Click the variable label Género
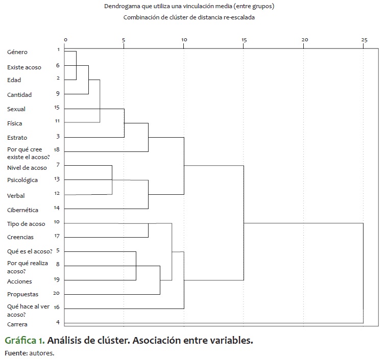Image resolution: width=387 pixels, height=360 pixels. coord(17,52)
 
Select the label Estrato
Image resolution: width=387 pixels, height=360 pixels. coord(17,138)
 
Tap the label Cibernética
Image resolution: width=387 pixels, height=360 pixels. coord(22,210)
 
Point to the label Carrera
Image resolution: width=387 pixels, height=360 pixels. coord(17,324)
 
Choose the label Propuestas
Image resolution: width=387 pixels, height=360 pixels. coord(23,295)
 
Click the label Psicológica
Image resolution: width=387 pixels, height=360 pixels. coord(22,180)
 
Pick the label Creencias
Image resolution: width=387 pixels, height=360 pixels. coord(20,237)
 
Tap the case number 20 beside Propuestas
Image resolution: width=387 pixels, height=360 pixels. coord(57,293)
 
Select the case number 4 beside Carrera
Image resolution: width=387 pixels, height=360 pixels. coord(58,322)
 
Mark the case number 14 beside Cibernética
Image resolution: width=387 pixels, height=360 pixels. coord(57,208)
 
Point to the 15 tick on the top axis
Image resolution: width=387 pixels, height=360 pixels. coord(244,40)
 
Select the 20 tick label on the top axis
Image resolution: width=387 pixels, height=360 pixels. coord(304,40)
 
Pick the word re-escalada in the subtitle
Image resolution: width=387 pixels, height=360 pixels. coord(238,17)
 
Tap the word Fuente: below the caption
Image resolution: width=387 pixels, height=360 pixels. coord(15,353)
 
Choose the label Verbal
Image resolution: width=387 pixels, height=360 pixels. coord(16,196)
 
